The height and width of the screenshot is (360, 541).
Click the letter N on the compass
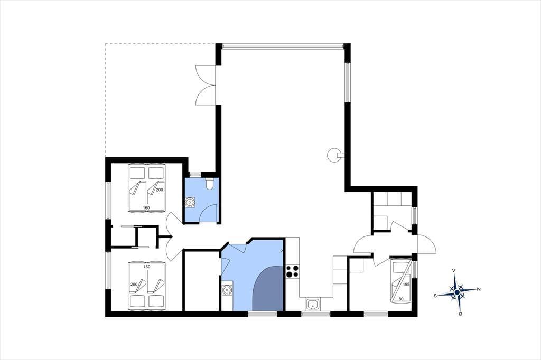[x=479, y=289]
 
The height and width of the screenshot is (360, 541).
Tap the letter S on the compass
[x=435, y=295]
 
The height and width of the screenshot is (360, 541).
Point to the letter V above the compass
[x=454, y=271]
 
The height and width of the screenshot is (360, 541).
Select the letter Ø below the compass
[x=460, y=314]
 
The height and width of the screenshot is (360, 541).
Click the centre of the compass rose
[x=457, y=292]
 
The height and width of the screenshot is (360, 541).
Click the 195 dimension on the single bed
[x=406, y=285]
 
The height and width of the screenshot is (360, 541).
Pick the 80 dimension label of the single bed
[x=401, y=299]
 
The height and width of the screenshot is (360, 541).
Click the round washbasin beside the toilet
[x=190, y=202]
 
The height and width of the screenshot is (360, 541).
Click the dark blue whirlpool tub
[x=268, y=289]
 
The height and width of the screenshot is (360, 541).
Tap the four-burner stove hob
[x=293, y=271]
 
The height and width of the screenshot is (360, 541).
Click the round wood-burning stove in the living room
[x=333, y=155]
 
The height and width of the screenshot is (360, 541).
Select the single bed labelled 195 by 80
[x=401, y=280]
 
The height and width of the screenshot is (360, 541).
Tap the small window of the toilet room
[x=195, y=174]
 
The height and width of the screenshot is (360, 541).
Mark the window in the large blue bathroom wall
[x=263, y=314]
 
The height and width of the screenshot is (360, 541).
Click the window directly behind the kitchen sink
[x=316, y=314]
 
